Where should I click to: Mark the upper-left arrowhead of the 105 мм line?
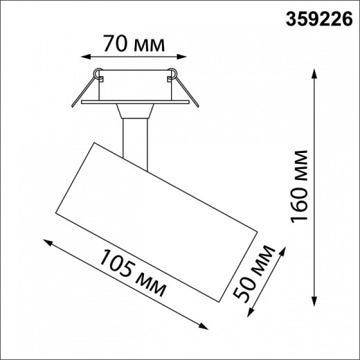point(46,242)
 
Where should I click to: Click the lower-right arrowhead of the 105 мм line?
point(206,325)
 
